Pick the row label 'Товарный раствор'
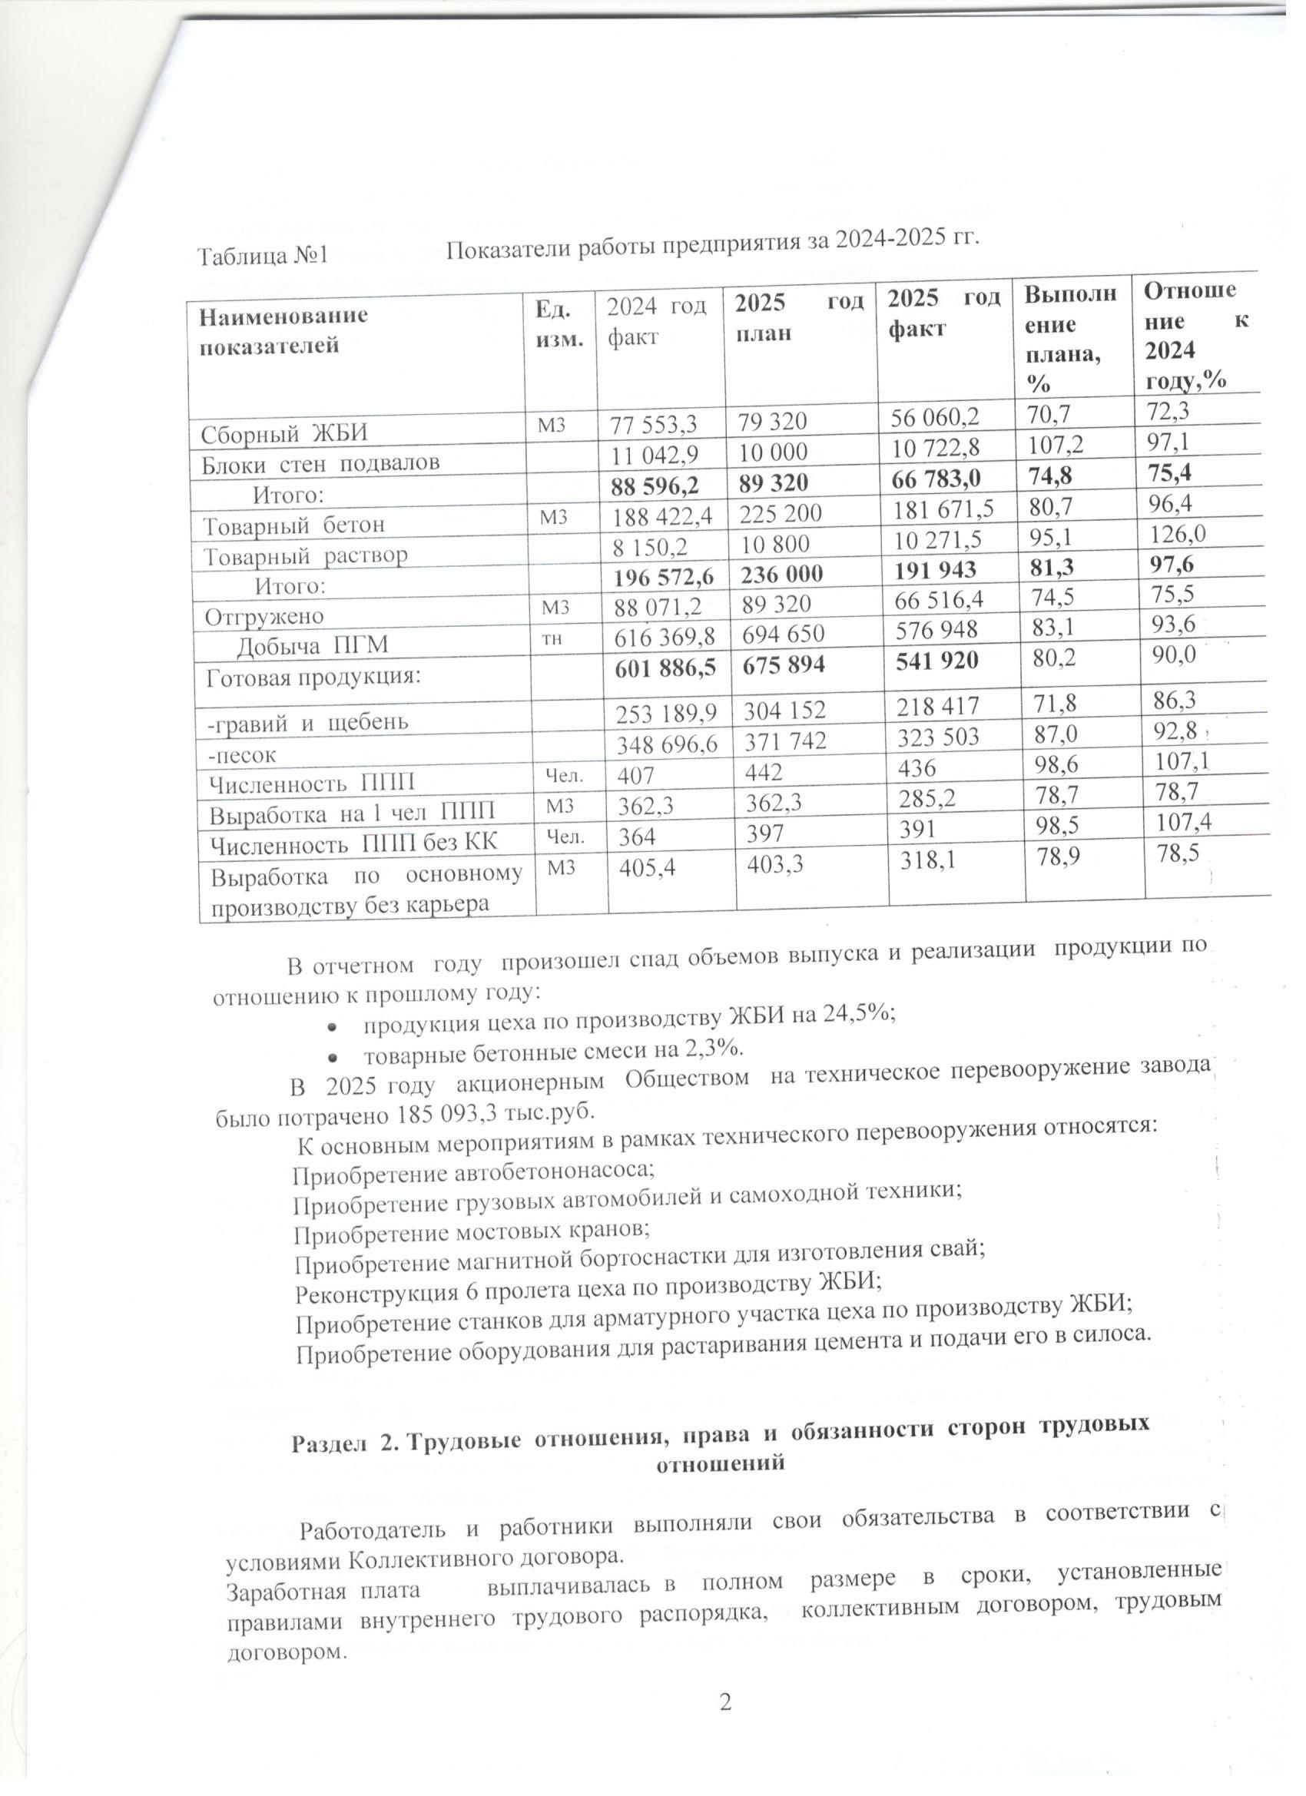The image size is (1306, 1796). point(306,556)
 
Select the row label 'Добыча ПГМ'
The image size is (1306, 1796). point(313,646)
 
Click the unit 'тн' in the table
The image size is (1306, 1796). point(552,638)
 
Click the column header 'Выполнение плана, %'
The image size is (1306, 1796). point(1070,338)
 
